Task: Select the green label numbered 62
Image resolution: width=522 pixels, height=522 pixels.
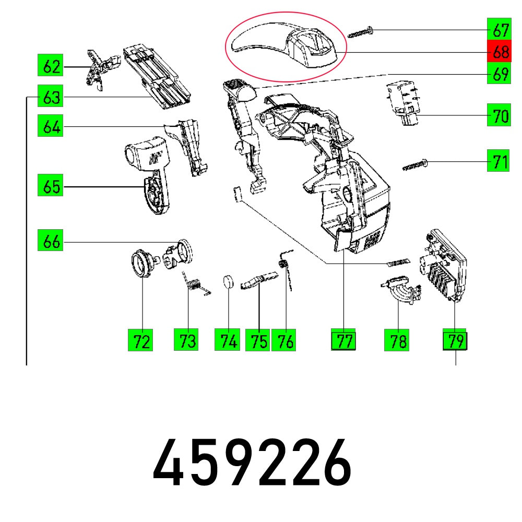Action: [x=51, y=66]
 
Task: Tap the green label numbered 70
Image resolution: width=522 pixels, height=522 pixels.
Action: [x=499, y=115]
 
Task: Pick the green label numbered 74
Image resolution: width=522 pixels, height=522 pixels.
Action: [x=227, y=341]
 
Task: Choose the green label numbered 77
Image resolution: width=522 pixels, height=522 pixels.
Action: [x=343, y=341]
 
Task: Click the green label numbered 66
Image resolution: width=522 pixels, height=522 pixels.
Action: [x=51, y=242]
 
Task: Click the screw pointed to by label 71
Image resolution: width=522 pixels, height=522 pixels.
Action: [x=416, y=165]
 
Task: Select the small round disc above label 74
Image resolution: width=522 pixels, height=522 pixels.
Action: [x=227, y=282]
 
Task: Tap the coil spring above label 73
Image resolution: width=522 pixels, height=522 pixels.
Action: [x=194, y=284]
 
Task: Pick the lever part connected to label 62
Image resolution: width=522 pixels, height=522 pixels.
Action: [x=98, y=69]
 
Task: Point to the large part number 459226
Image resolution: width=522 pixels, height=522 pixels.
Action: [x=253, y=462]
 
